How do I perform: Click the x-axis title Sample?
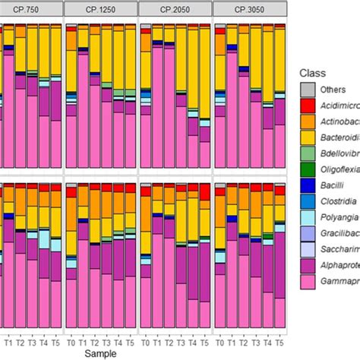coord(102,354)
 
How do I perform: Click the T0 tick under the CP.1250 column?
coord(71,343)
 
